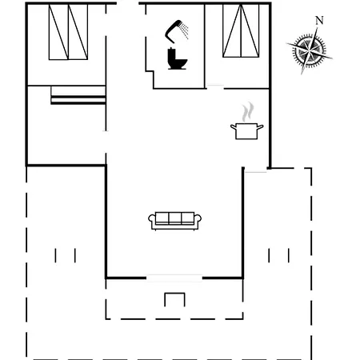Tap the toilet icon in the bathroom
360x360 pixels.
coord(177,58)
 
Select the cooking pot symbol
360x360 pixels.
coord(247,130)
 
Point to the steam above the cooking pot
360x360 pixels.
coord(248,112)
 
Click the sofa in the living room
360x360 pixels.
coord(174,221)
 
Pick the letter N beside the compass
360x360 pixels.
coord(319,21)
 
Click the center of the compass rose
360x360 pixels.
coord(310,50)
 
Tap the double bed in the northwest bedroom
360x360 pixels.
coord(68,32)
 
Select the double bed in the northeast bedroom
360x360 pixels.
coord(241,30)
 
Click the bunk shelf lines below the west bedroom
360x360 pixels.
coord(78,95)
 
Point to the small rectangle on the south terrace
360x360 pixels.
coord(174,299)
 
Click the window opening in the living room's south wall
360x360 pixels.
coord(174,278)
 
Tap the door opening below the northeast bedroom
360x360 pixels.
coord(215,86)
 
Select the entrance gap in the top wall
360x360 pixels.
coord(128,3)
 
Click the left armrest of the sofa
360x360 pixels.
coord(152,220)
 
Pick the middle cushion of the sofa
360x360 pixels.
coord(175,218)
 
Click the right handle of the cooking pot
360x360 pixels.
coord(260,126)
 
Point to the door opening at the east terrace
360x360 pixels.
coord(256,172)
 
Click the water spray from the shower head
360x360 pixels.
coord(184,30)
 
